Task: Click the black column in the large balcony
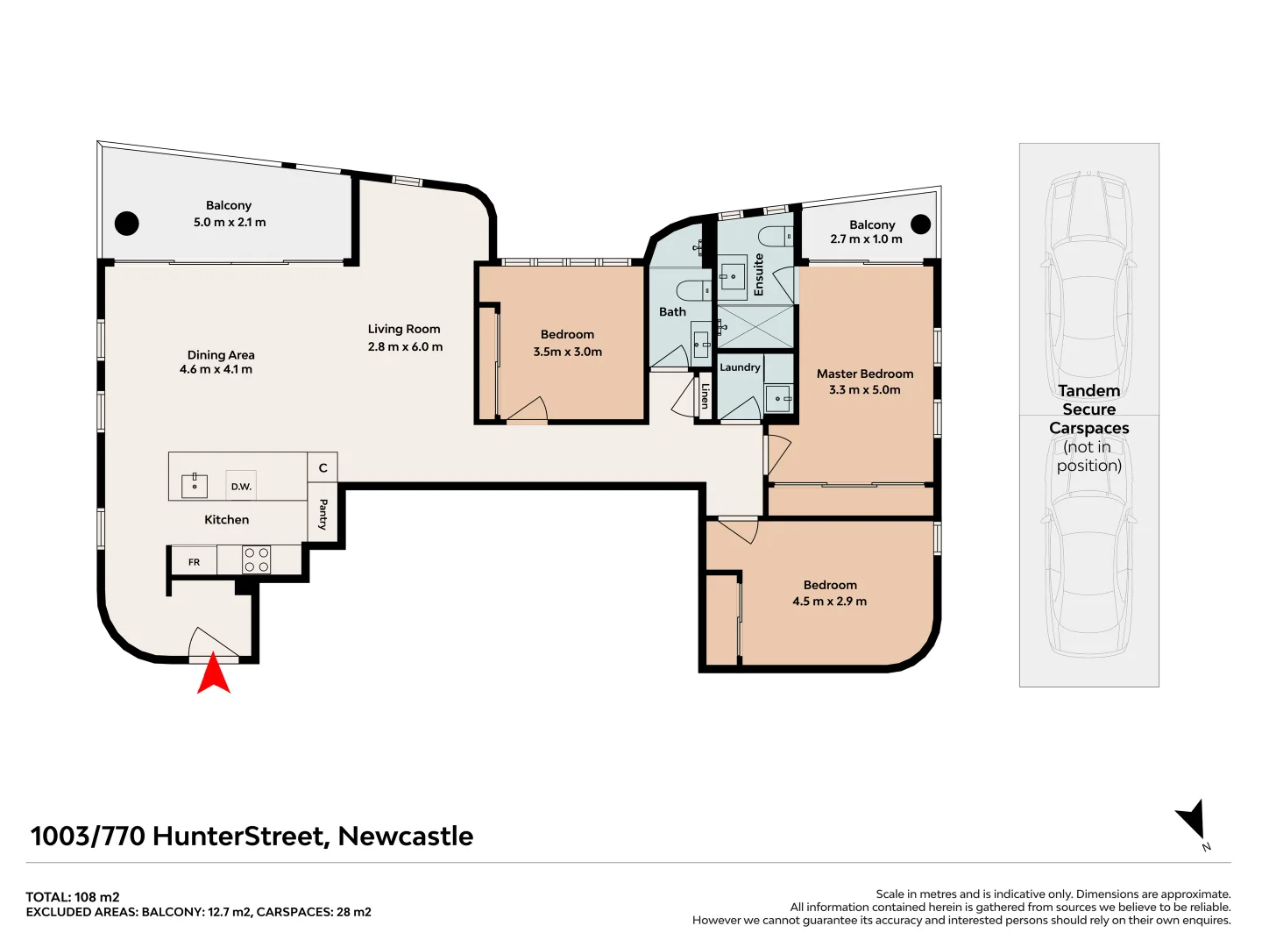[x=127, y=224]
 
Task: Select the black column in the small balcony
[x=920, y=224]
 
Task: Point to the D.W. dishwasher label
[x=241, y=487]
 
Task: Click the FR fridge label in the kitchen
[x=194, y=562]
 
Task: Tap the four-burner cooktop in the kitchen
[x=257, y=560]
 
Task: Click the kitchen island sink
[x=195, y=485]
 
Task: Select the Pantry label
[x=323, y=515]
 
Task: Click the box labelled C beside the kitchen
[x=323, y=468]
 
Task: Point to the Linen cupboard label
[x=705, y=396]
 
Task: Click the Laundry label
[x=740, y=367]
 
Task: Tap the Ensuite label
[x=759, y=274]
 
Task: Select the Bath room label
[x=672, y=312]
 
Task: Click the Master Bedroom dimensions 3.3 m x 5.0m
[x=864, y=390]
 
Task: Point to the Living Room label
[x=404, y=330]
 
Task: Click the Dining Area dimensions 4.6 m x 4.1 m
[x=216, y=370]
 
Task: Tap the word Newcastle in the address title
[x=405, y=837]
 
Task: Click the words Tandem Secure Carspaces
[x=1088, y=409]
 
